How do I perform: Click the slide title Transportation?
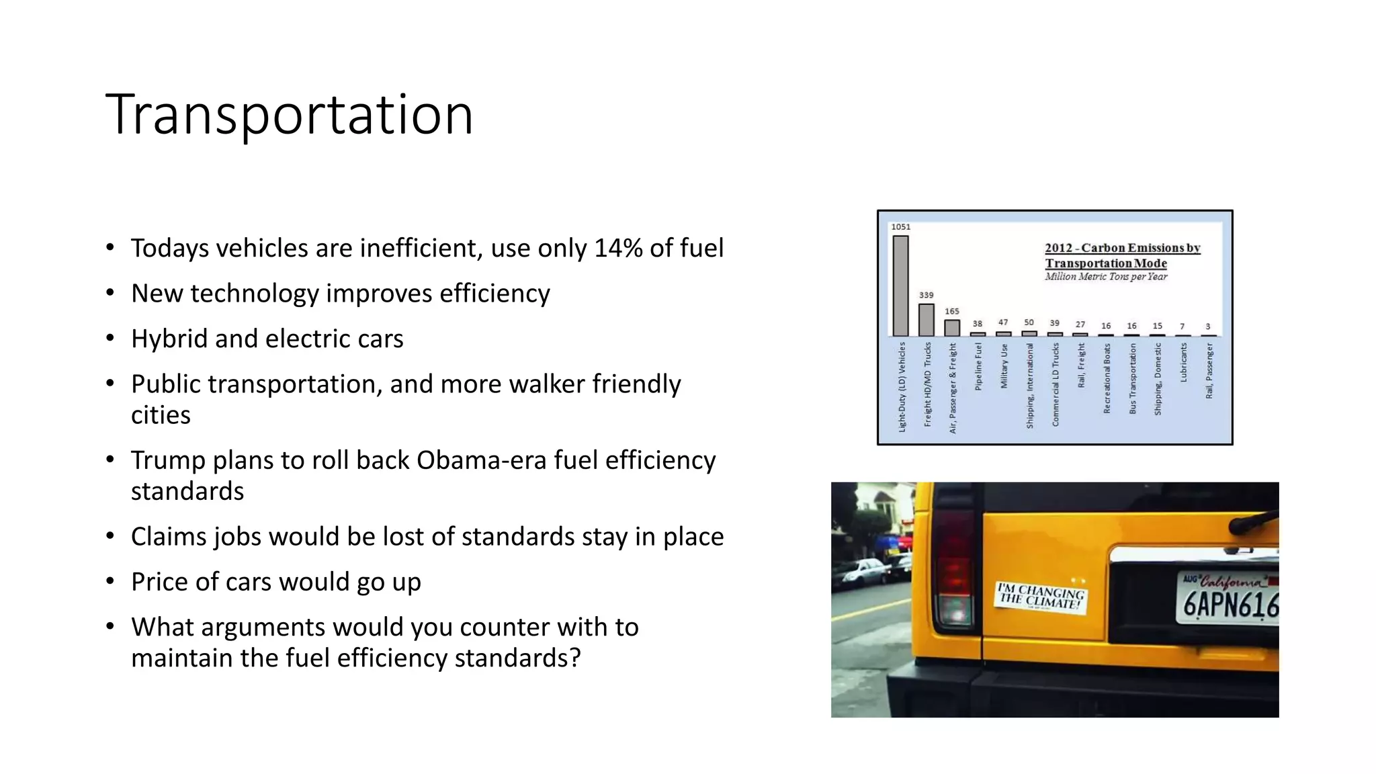click(x=289, y=116)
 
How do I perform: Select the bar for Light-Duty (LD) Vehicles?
click(x=900, y=286)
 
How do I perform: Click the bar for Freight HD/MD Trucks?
click(x=926, y=320)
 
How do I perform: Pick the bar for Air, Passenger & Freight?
click(x=952, y=328)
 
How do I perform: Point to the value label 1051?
click(x=900, y=227)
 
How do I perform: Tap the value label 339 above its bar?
click(x=926, y=295)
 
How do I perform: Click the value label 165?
click(x=952, y=311)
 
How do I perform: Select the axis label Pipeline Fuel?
click(x=978, y=366)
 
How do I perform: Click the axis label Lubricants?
click(x=1183, y=363)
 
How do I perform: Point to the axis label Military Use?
click(x=1004, y=366)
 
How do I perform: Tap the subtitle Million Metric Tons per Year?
click(x=1106, y=277)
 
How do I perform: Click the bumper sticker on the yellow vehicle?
click(x=1041, y=596)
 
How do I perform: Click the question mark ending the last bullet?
click(x=574, y=658)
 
